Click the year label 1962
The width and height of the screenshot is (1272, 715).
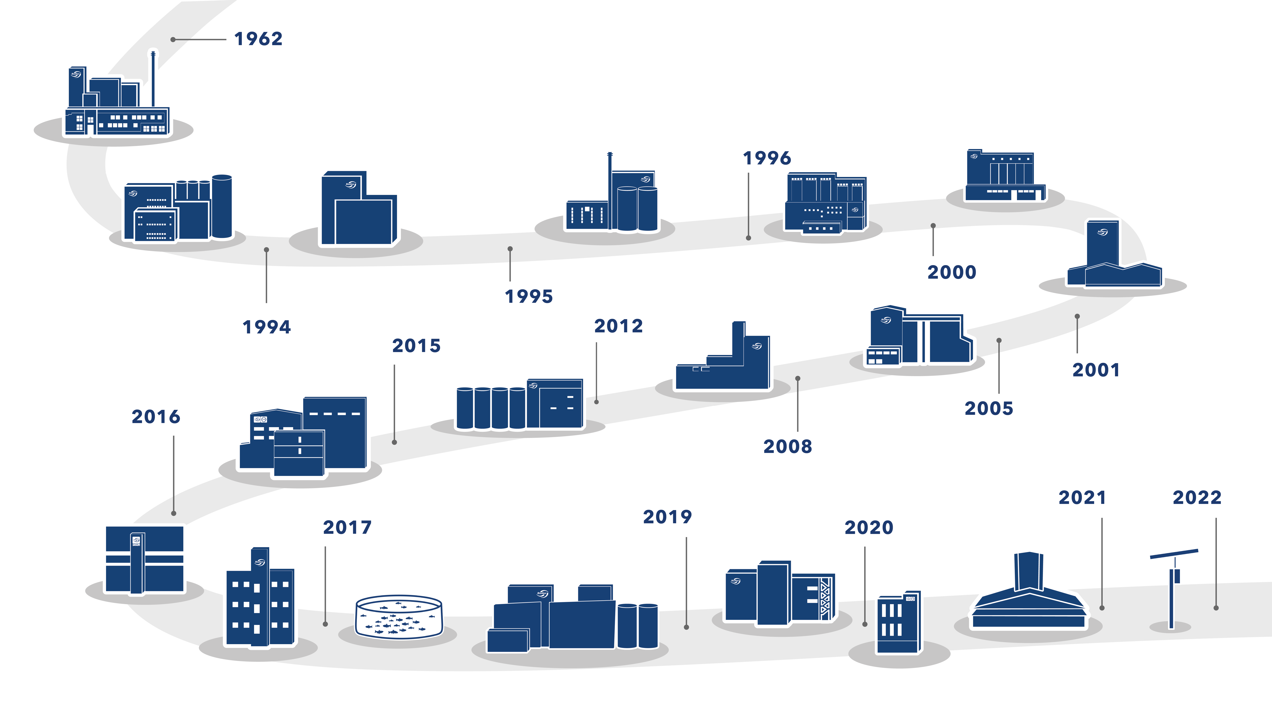[258, 39]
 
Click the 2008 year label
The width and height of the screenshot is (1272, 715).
[788, 447]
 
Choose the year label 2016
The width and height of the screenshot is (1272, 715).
[156, 417]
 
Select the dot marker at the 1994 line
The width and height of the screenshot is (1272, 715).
[267, 250]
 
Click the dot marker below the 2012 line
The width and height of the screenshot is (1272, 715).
[597, 402]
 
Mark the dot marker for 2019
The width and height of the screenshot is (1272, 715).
[686, 627]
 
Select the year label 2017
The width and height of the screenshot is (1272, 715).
[347, 528]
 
